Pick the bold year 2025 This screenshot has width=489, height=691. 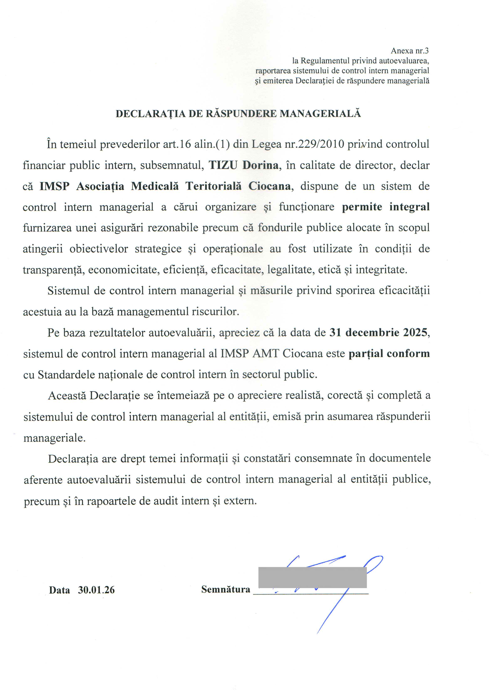coord(415,333)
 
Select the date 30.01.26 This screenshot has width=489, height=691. coord(96,590)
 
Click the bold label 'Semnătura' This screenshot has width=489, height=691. coord(226,589)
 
